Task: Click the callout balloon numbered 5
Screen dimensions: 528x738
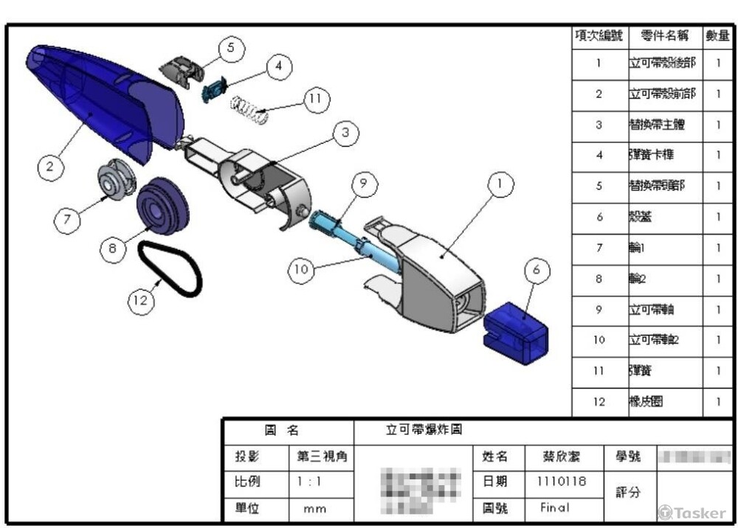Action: [x=231, y=49]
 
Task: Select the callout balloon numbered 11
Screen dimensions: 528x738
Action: [x=316, y=100]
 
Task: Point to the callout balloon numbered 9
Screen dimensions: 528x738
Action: [x=364, y=185]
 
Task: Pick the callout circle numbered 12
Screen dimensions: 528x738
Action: [x=142, y=301]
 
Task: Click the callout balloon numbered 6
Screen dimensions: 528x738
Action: [x=537, y=271]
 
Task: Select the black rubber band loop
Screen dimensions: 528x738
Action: [x=171, y=269]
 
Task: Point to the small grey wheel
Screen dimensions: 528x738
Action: [x=116, y=179]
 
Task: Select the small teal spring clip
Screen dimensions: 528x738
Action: [x=213, y=88]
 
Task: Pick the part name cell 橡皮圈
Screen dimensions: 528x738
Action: [x=646, y=402]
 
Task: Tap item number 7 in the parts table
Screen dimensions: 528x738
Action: [x=599, y=249]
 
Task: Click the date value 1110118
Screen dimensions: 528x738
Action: [x=556, y=482]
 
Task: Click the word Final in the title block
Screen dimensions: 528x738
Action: [x=555, y=508]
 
